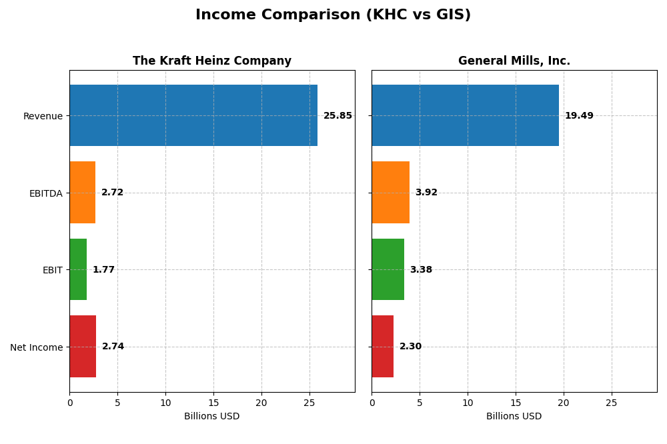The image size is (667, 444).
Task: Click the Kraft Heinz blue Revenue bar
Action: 193,115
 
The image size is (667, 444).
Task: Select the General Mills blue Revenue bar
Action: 465,115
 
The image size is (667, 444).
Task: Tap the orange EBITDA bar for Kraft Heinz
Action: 83,192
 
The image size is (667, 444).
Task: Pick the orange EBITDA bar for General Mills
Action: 390,192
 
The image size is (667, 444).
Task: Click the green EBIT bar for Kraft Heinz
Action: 78,269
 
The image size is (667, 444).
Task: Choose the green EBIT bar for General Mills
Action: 388,269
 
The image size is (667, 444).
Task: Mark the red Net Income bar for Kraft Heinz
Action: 83,346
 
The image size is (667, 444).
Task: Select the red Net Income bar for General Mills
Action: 383,346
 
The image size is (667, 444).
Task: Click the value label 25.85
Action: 338,116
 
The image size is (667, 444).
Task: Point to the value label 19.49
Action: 579,116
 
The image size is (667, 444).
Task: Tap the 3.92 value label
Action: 426,193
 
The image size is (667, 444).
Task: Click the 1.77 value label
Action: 103,270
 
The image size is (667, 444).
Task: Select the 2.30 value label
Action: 410,347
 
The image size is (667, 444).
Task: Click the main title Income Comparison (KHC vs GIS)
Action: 333,15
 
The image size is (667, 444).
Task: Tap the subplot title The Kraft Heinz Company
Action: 212,61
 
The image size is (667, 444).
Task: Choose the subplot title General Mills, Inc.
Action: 514,61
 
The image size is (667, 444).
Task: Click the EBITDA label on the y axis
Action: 45,193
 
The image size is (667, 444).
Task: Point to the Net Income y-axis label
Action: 36,347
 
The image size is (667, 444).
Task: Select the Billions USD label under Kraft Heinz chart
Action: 211,416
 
